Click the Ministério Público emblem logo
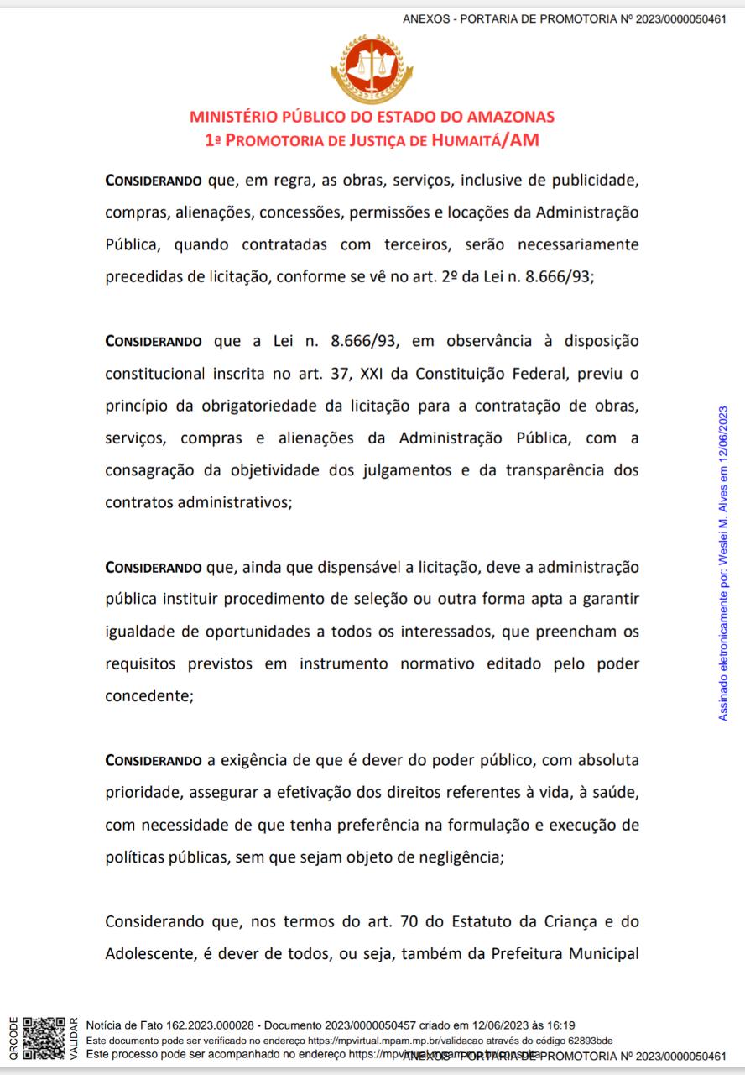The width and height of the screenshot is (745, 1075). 372,70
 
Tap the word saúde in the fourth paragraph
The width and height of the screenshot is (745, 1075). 615,792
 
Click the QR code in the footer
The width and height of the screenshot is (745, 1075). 44,1038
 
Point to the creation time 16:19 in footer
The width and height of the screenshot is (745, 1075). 560,1025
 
